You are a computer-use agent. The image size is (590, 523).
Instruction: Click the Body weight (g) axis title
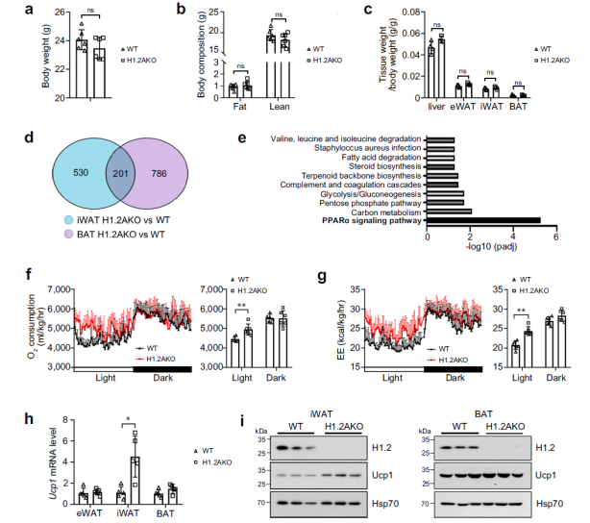point(46,56)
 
